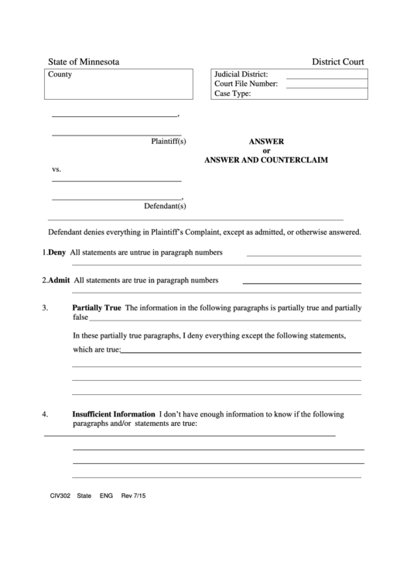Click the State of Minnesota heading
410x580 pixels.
[84, 61]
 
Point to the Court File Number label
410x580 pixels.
[245, 84]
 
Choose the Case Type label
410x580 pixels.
[232, 94]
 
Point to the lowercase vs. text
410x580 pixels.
[56, 169]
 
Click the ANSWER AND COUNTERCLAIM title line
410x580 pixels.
[265, 160]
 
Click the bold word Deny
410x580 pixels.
[56, 252]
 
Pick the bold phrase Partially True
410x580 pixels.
[97, 307]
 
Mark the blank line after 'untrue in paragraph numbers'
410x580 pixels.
[303, 255]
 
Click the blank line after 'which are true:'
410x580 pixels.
[241, 352]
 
